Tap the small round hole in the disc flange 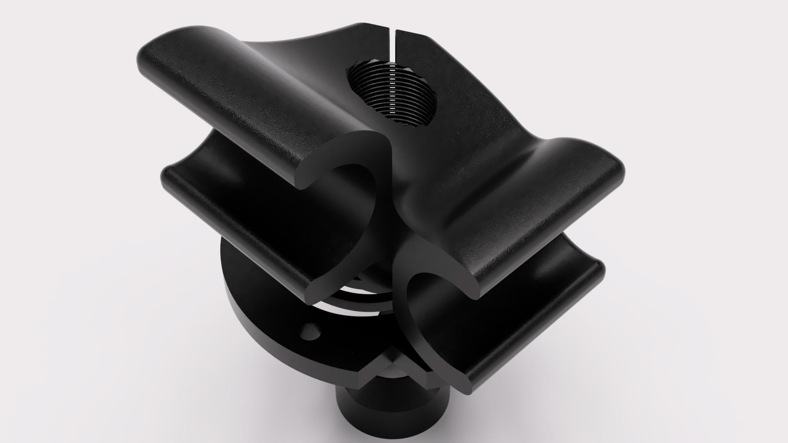(311, 331)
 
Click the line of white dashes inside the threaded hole (393, 94)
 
